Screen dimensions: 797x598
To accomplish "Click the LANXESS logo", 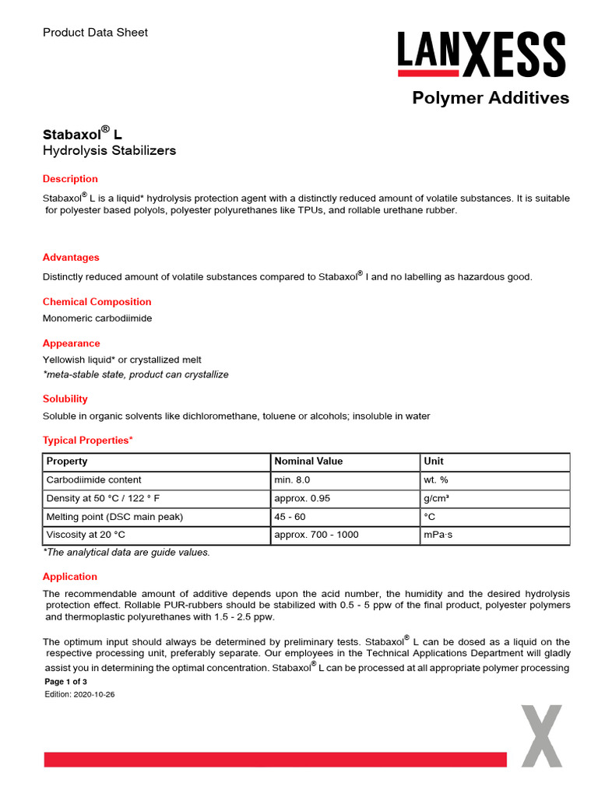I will click(x=481, y=54).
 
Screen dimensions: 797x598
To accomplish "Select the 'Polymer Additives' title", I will click(x=490, y=98).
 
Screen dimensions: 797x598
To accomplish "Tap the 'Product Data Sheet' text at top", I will click(x=95, y=33).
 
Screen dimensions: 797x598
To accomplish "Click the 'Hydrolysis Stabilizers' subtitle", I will click(x=109, y=150).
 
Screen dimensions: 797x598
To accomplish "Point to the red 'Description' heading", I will click(x=70, y=179).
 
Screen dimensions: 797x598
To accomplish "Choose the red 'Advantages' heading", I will click(x=71, y=258).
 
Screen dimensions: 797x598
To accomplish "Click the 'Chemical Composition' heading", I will click(x=97, y=302).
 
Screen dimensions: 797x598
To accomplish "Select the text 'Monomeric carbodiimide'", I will click(x=97, y=318).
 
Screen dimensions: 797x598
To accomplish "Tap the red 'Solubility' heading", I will click(x=65, y=399).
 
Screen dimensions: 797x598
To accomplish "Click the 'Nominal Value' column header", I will click(x=308, y=462).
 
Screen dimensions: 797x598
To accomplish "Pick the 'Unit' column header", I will click(x=434, y=462).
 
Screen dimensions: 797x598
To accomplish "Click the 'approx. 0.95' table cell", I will click(x=302, y=498).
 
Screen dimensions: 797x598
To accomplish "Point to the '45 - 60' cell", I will click(x=290, y=517).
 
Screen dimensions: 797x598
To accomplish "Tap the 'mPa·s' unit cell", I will click(x=440, y=535).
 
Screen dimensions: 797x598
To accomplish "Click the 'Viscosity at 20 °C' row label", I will click(x=86, y=535).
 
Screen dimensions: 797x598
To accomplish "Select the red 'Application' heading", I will click(x=70, y=577).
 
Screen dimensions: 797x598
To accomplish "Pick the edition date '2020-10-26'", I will click(x=94, y=694).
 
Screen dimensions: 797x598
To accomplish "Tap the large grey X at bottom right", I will click(x=541, y=736).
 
